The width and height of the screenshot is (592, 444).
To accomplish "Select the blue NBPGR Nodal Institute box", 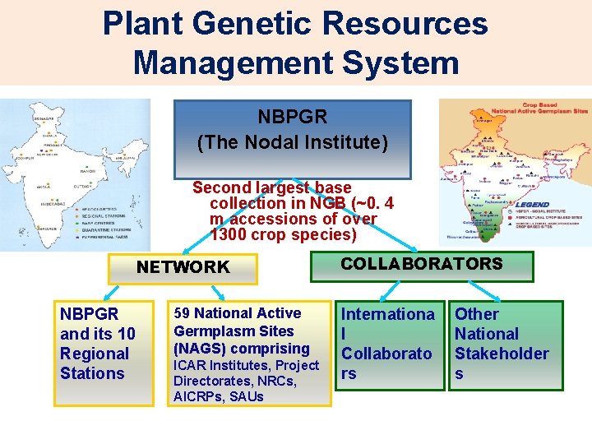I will coord(293,139).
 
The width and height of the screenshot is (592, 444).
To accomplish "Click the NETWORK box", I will coord(183,267).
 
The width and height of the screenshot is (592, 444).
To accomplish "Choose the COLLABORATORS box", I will coord(422,265).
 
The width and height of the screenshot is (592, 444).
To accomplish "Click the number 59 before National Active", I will coord(182,313).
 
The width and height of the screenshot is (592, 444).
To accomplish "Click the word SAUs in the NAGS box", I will coord(247,396).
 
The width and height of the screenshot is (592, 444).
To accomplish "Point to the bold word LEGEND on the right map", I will coord(534,205).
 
